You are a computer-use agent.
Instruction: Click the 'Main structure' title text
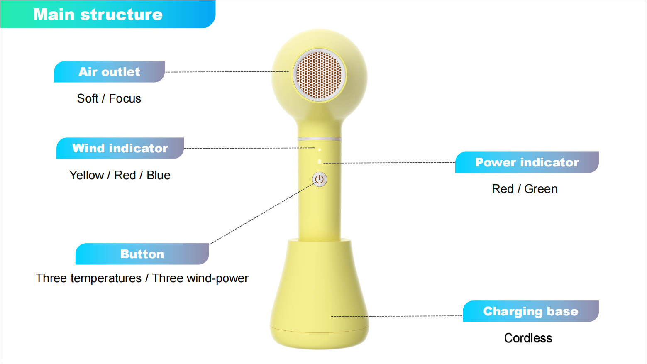point(98,15)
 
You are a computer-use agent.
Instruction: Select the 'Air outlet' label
point(109,72)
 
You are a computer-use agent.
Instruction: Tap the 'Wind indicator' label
point(120,148)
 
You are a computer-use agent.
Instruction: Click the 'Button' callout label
point(142,254)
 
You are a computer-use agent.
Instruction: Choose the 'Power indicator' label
point(527,162)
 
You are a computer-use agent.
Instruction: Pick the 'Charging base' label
point(531,311)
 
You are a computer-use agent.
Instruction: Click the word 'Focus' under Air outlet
point(125,98)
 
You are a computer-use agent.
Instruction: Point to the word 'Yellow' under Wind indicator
point(87,175)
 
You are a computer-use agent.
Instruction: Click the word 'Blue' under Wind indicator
point(158,175)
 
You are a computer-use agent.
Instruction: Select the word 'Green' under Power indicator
point(541,189)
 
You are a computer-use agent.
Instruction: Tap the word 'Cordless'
point(528,338)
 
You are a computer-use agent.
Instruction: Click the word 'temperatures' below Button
point(106,278)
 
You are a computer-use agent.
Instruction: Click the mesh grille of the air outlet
point(319,75)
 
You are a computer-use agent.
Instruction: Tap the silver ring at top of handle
point(320,139)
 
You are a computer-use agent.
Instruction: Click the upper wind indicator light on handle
point(320,150)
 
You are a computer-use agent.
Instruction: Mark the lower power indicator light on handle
point(320,161)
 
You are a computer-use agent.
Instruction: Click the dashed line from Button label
point(261,214)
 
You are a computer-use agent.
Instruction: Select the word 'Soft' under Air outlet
point(88,98)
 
